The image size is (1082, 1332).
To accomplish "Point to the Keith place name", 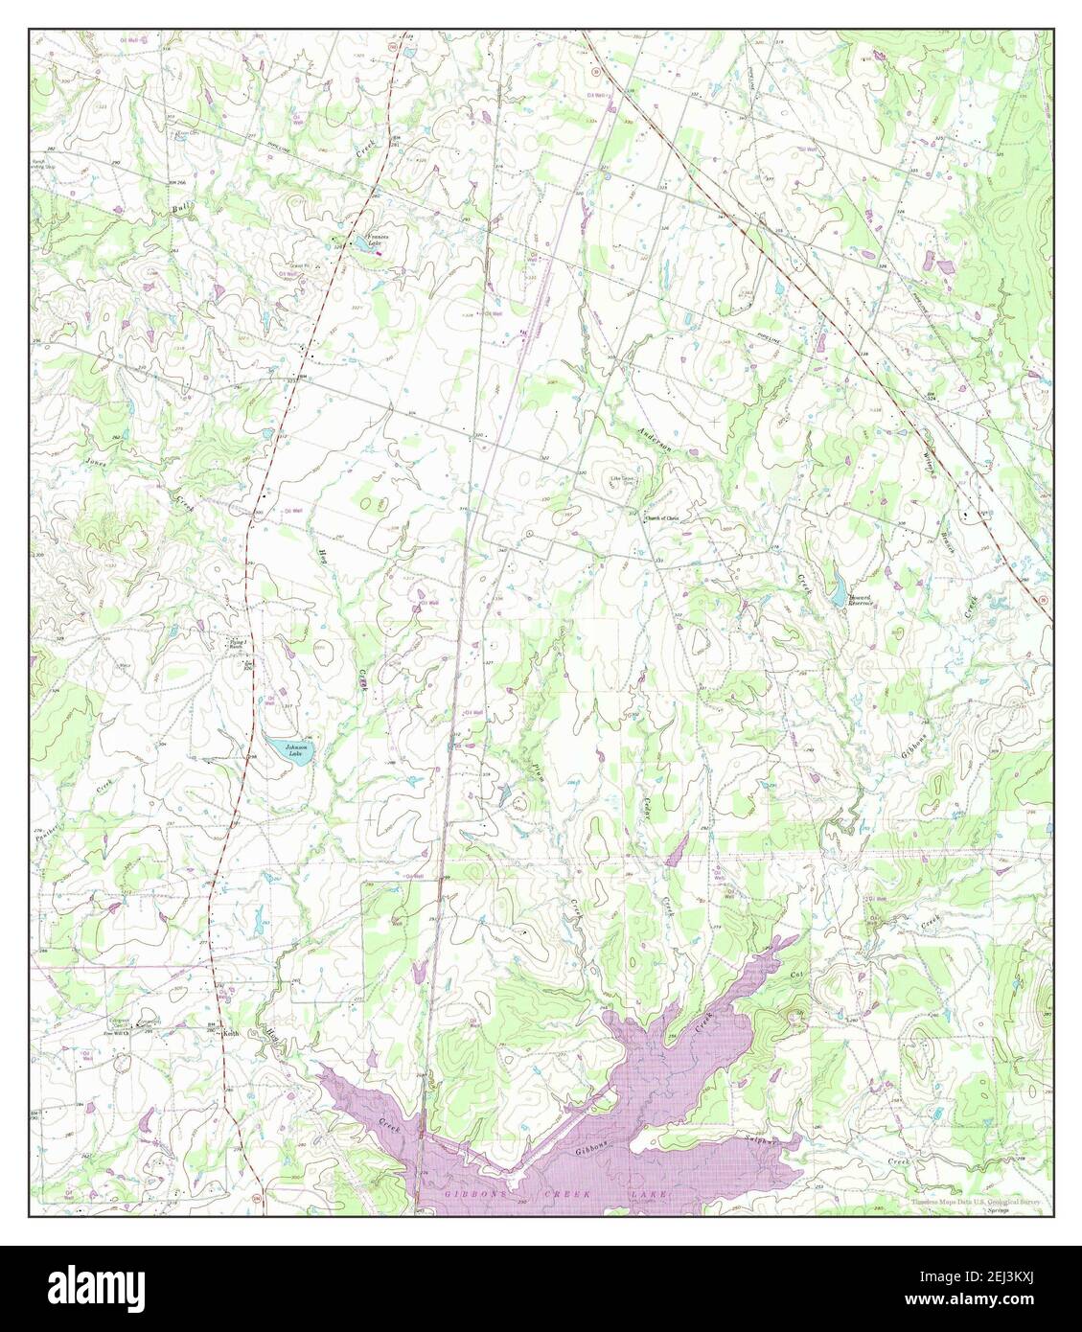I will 229,1034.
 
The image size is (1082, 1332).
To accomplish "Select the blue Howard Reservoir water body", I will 839,580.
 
